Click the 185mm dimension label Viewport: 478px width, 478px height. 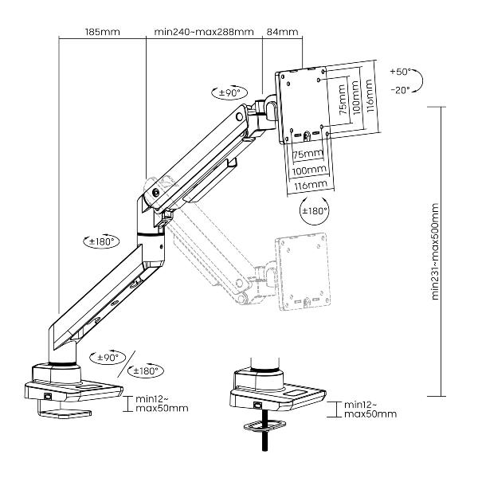[x=101, y=32]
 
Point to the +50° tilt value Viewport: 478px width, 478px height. [x=400, y=72]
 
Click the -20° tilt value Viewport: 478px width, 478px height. [x=400, y=90]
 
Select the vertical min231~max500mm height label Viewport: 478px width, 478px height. [x=436, y=251]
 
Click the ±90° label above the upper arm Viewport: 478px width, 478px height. [x=230, y=93]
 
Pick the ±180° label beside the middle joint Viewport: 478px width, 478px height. [x=101, y=240]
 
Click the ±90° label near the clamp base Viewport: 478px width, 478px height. [x=106, y=358]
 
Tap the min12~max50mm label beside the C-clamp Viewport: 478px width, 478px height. [x=161, y=403]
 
